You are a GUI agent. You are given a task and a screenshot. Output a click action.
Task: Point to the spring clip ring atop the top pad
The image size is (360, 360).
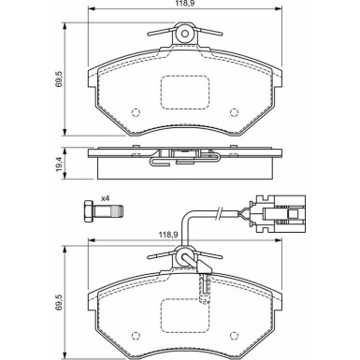click(186, 36)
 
